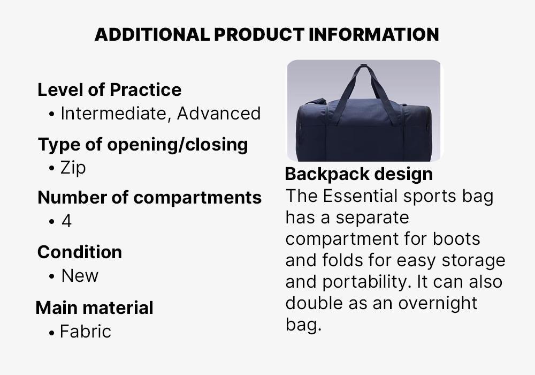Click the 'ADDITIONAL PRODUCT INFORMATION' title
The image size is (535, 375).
(x=266, y=35)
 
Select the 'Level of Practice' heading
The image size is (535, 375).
(x=109, y=89)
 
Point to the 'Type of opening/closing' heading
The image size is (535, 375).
(x=142, y=144)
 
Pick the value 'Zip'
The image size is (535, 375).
(x=73, y=168)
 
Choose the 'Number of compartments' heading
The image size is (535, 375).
(x=149, y=197)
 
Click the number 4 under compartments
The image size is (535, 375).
(x=66, y=221)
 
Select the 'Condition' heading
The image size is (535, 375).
(x=79, y=252)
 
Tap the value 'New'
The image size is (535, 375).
(x=80, y=276)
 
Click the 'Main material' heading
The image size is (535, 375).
(x=94, y=307)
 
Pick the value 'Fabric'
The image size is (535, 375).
(x=85, y=332)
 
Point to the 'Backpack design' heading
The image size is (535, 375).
(x=358, y=174)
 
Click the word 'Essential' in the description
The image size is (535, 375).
(x=361, y=196)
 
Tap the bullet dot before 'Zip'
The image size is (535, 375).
(x=51, y=169)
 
